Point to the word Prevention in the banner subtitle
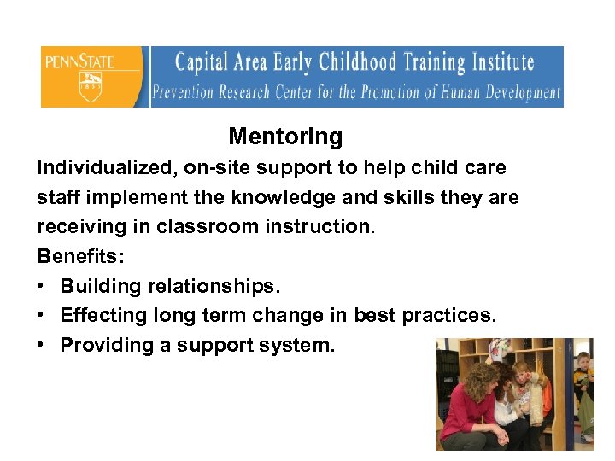pos(184,92)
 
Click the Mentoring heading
pos(285,137)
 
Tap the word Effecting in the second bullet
pos(103,316)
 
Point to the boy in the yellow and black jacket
pos(583,388)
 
